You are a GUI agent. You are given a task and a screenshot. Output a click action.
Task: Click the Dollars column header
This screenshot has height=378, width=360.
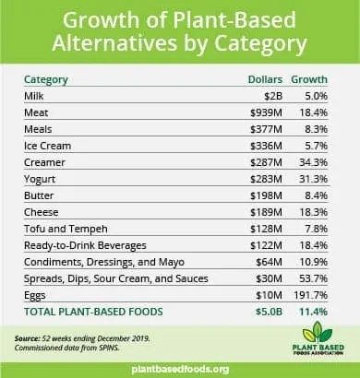point(265,79)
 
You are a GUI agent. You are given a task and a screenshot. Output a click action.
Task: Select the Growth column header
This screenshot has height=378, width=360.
point(309,79)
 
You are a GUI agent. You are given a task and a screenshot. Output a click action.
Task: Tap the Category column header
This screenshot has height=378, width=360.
point(46,79)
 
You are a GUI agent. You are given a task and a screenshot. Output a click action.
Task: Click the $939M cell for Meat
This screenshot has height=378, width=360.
point(266,112)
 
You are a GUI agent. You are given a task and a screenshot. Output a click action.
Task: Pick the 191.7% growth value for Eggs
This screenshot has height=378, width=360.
point(310,295)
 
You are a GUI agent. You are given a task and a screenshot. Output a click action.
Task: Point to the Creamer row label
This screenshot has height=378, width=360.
point(44,162)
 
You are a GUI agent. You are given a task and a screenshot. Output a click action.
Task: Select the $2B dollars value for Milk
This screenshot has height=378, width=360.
point(273,96)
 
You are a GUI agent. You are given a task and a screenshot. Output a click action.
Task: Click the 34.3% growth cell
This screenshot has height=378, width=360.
point(313,162)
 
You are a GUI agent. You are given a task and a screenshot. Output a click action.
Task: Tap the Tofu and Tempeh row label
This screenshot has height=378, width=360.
point(66,229)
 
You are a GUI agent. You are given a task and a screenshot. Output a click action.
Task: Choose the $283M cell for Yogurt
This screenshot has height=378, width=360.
point(266,179)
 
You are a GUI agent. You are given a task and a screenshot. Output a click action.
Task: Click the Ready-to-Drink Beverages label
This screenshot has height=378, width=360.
point(85,245)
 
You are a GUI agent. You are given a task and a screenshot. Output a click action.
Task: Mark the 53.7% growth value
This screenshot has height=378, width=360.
point(313,278)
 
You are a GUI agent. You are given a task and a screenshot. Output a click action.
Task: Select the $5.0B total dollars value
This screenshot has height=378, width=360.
point(269,312)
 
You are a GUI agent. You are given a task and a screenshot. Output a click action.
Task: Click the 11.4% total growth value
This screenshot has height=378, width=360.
point(313,312)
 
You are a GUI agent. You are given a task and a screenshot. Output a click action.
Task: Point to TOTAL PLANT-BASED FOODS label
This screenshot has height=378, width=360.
point(93,312)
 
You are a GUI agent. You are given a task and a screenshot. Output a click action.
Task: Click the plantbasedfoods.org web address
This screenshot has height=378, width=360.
point(180,369)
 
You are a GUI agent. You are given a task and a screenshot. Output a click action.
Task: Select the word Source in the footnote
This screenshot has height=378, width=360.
point(27,338)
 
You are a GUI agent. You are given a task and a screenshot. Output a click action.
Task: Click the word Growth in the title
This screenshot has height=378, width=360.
point(102,20)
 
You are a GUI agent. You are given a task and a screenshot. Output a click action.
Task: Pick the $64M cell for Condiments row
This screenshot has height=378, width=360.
point(269,262)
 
